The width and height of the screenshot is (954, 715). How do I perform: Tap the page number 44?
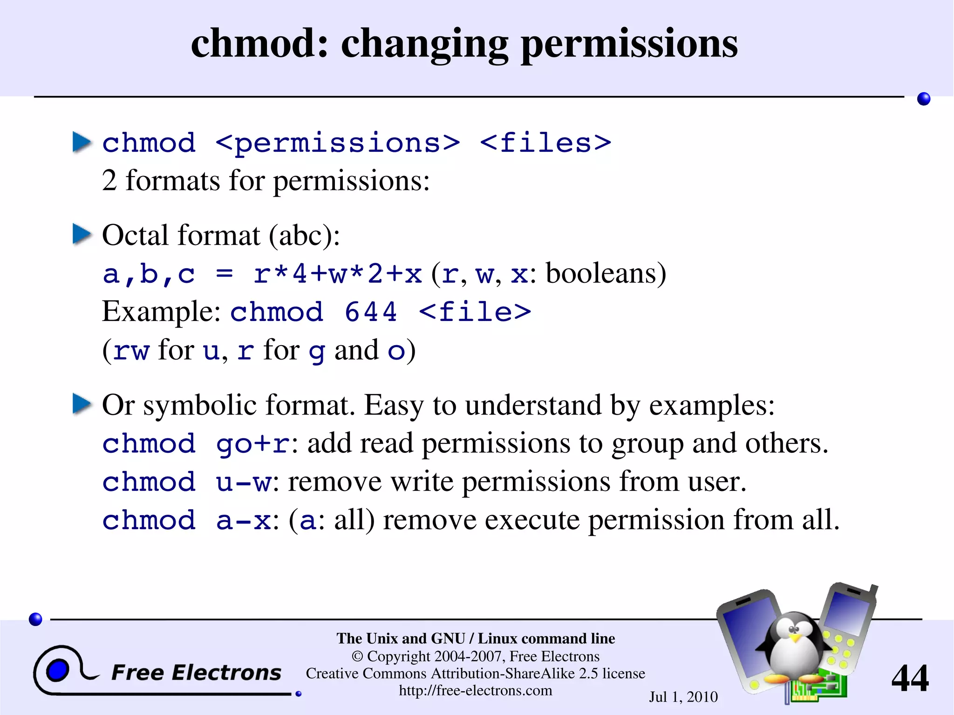(x=909, y=678)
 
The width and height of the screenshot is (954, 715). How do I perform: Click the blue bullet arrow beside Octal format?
(x=82, y=234)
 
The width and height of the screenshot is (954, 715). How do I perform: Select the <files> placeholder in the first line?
(x=545, y=143)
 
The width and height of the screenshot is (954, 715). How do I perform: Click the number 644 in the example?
(x=370, y=312)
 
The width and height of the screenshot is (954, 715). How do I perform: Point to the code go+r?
(x=252, y=444)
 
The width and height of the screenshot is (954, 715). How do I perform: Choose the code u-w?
(x=243, y=482)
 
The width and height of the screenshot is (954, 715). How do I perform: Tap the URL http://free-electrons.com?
(x=475, y=690)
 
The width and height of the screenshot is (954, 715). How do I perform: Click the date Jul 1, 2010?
(x=683, y=697)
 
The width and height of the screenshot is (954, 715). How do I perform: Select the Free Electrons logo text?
(x=196, y=673)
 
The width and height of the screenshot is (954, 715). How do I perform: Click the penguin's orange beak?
(x=796, y=637)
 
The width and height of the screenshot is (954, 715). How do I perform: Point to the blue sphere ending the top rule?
(x=923, y=99)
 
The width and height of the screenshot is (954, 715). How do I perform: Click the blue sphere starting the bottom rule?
(x=35, y=619)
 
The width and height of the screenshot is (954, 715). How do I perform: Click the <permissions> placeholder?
(x=338, y=143)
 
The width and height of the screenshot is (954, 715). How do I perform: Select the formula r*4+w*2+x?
(x=337, y=273)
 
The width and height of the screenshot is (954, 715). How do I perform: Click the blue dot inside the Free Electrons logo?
(x=57, y=670)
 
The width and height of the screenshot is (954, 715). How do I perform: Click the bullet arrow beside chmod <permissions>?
(x=82, y=142)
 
